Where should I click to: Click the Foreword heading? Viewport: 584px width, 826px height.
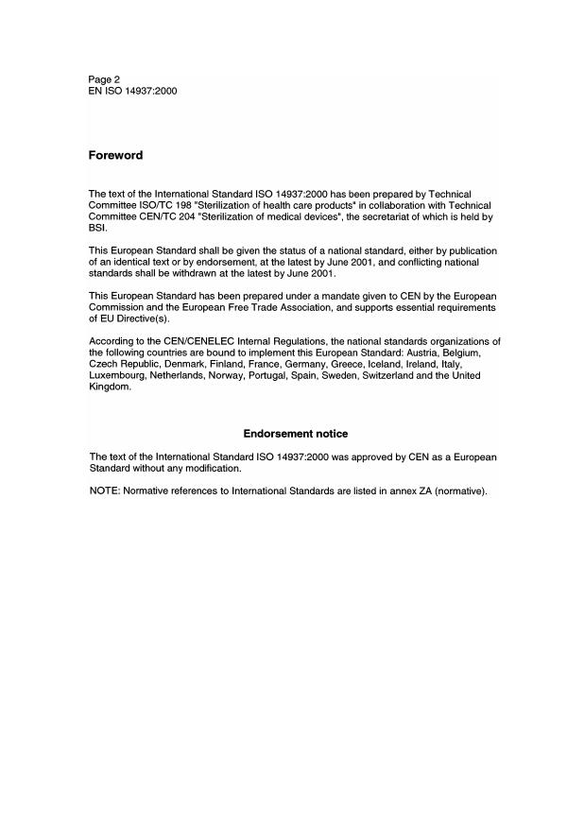click(115, 155)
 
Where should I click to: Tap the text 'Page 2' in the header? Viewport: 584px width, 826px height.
click(104, 79)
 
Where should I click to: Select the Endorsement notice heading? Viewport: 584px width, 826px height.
click(296, 434)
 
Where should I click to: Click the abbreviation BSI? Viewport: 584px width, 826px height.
click(96, 229)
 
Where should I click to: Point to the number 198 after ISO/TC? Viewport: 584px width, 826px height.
click(177, 205)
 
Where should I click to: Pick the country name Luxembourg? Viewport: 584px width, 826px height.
click(117, 375)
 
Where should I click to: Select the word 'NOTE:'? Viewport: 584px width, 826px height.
click(104, 490)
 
